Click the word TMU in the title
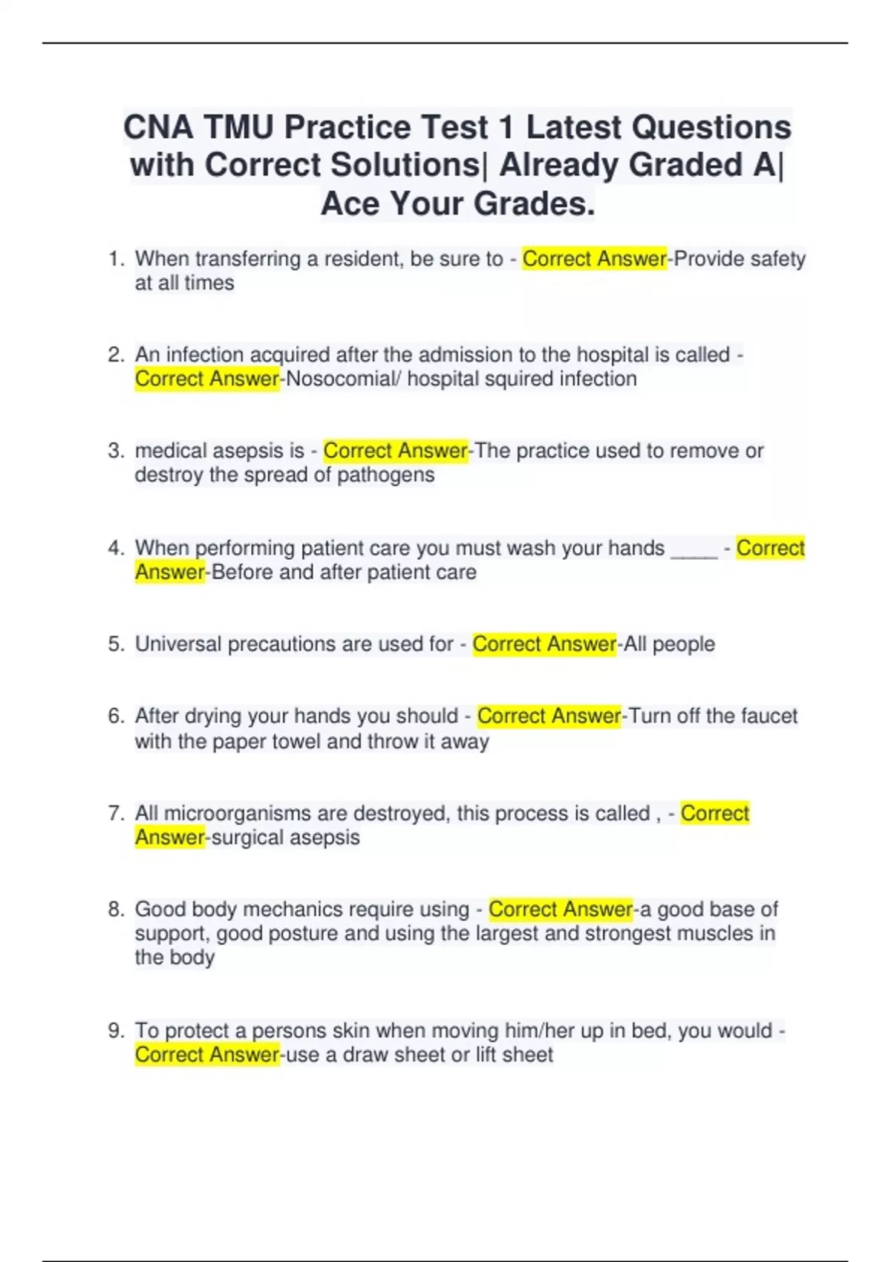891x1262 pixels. point(238,127)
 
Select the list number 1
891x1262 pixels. point(115,258)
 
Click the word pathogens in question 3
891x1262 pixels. point(385,474)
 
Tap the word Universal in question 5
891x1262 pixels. point(178,644)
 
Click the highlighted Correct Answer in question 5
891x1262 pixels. point(544,644)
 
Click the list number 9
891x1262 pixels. point(115,1030)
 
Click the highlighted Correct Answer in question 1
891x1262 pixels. point(594,258)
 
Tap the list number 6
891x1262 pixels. point(115,716)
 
